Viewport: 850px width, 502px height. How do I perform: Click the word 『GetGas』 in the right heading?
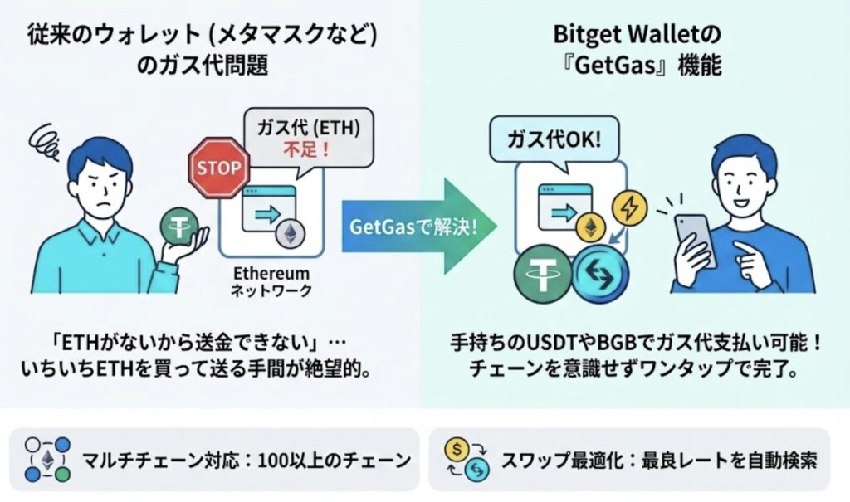tap(602, 66)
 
